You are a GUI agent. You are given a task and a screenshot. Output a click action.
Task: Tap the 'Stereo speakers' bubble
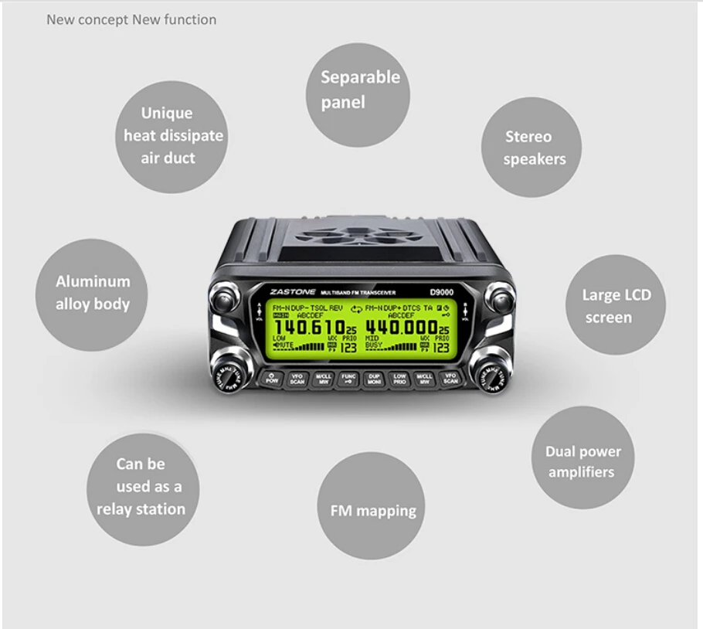[x=531, y=147]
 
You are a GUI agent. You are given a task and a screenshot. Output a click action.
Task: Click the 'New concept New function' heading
[x=131, y=19]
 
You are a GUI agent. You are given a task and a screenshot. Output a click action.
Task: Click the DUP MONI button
[x=374, y=379]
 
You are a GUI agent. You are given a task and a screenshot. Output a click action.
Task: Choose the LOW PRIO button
[x=399, y=379]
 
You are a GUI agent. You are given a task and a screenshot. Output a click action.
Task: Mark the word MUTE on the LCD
[x=286, y=345]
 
